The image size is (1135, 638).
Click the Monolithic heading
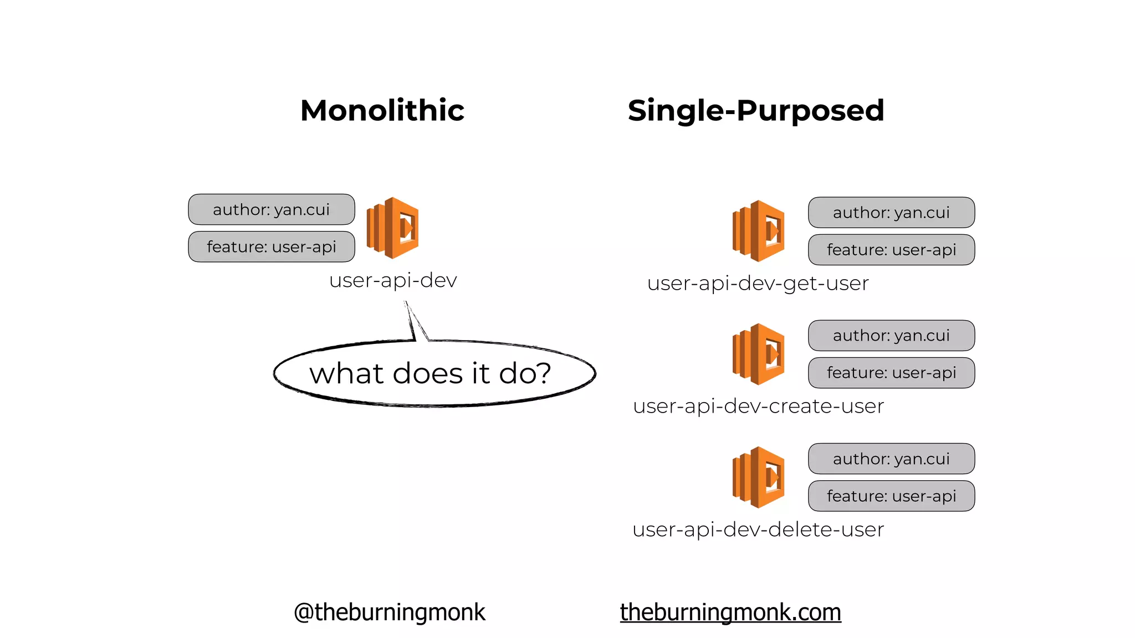(382, 110)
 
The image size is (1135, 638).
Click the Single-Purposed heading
(755, 110)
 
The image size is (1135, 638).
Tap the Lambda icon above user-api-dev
(393, 228)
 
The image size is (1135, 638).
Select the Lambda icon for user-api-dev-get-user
(758, 231)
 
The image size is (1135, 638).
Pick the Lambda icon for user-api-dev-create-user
(758, 354)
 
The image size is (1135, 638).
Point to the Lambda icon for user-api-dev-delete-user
(758, 477)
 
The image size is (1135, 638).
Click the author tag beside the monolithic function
(272, 209)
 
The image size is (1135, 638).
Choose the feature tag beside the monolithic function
(272, 246)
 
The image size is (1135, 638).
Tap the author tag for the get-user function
(891, 213)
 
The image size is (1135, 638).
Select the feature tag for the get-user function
(891, 250)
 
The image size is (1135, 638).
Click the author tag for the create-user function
(891, 336)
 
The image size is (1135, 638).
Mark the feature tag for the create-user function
(891, 373)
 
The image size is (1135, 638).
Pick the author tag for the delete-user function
(891, 459)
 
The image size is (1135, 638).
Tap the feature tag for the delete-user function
(891, 496)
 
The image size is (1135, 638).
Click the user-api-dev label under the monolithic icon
(393, 280)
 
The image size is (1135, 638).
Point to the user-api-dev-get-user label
(758, 284)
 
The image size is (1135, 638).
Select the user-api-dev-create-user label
(758, 407)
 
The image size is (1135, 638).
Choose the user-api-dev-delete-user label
(758, 529)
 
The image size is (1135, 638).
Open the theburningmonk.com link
(730, 612)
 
